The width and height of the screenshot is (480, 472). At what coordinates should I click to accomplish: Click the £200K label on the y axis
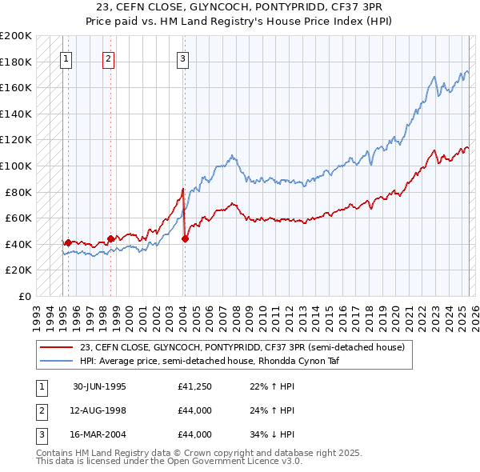tap(16, 36)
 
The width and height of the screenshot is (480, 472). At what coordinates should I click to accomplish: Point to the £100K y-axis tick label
tap(16, 166)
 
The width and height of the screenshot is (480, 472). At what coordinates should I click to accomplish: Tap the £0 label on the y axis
tap(25, 296)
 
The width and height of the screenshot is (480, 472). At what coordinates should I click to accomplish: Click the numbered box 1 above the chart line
tap(65, 58)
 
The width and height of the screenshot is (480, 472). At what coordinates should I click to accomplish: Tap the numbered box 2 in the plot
tap(108, 58)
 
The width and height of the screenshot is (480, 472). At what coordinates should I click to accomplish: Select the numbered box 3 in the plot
tap(182, 58)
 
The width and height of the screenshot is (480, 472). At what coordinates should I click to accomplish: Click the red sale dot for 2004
tap(185, 238)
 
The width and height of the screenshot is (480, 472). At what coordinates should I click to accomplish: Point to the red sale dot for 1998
tap(110, 238)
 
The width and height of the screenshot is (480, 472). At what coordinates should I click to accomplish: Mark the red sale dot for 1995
tap(69, 242)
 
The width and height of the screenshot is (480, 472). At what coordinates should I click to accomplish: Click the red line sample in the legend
tap(56, 347)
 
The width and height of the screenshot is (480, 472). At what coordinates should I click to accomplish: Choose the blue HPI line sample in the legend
tap(56, 361)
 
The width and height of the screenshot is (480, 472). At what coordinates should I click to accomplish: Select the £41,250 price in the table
tap(194, 386)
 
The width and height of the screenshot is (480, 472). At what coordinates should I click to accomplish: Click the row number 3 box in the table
tap(40, 434)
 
